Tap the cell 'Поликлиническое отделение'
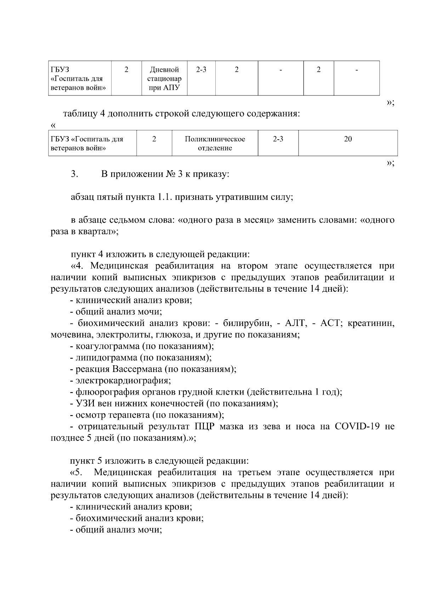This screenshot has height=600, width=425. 215,143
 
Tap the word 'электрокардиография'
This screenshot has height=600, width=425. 123,381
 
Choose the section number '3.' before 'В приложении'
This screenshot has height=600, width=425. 74,174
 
